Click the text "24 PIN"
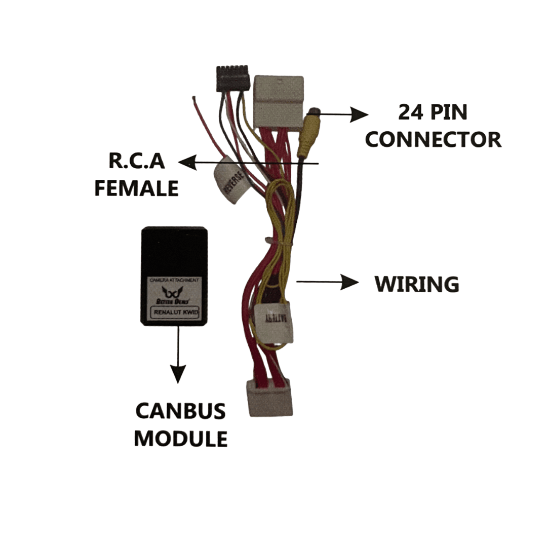coord(433,112)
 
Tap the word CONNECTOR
coord(433,139)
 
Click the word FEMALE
coord(137,188)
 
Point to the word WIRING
coord(417,284)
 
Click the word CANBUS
coord(180,411)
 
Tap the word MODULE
coord(180,438)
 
